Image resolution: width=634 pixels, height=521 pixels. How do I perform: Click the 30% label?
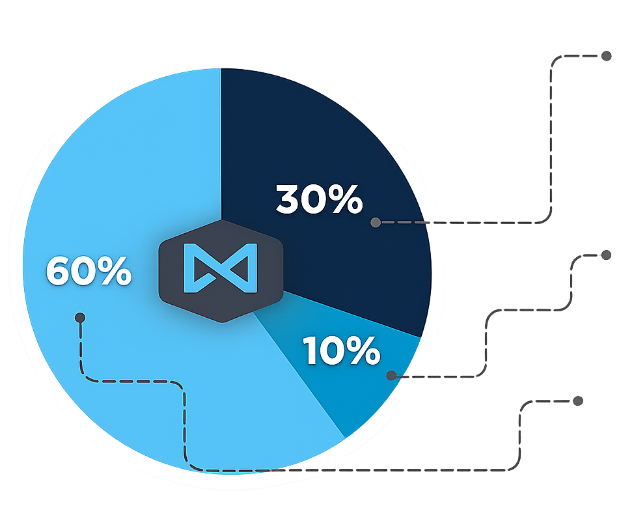(319, 199)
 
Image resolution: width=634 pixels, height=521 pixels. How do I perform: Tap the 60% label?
(89, 271)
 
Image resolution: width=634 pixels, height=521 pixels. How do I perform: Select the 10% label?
(342, 351)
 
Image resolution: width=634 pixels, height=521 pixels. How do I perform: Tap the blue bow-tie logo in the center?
(221, 268)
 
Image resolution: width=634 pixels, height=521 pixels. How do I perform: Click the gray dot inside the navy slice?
(376, 222)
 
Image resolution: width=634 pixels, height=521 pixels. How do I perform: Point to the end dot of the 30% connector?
(606, 56)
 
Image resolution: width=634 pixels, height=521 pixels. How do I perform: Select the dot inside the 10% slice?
(391, 376)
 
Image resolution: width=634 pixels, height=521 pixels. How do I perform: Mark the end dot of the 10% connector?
(606, 255)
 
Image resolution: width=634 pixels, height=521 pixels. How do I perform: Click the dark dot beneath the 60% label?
(80, 318)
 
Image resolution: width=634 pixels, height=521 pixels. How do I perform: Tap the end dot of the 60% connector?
(578, 401)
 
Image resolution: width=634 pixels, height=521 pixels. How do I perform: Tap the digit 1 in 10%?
(310, 351)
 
